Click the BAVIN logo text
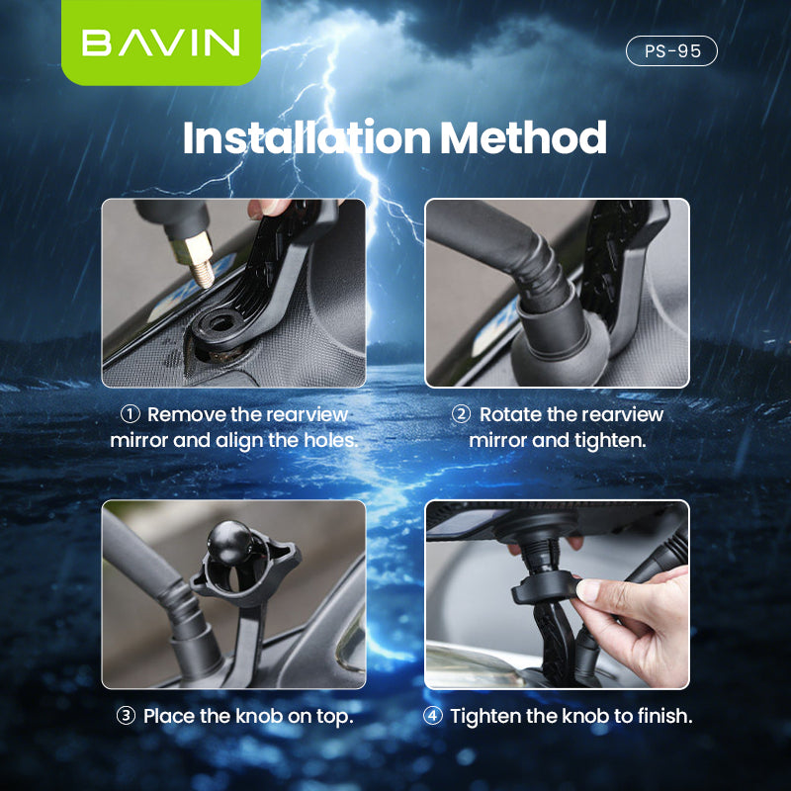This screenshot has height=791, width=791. point(160,43)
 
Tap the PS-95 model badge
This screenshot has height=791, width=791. point(671,50)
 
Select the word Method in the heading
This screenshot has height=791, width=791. point(524,138)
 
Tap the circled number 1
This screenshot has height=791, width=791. point(130,413)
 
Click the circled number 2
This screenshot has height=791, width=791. point(461,413)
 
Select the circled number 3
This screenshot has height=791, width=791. point(126,716)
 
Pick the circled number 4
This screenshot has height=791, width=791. point(433,716)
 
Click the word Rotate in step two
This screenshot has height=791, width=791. point(510,413)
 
